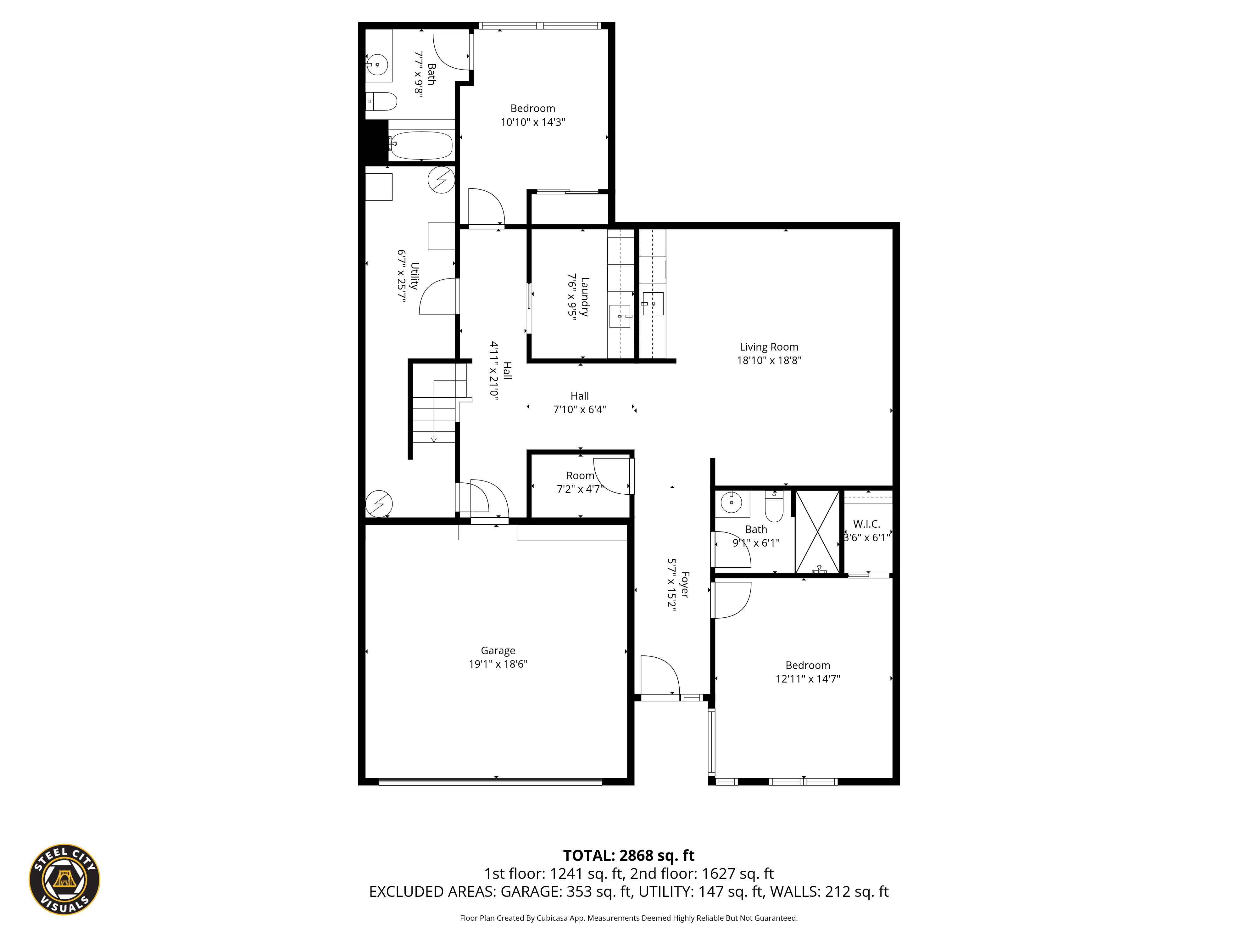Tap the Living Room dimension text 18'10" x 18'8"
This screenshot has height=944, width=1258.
click(x=769, y=360)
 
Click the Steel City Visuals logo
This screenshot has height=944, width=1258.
click(x=65, y=879)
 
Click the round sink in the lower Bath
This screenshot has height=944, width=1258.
click(x=731, y=503)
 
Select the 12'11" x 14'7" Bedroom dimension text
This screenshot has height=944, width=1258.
click(x=808, y=678)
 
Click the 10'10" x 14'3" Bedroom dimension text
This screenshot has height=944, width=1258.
click(x=532, y=122)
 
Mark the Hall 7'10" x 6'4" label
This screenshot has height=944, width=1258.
click(x=580, y=402)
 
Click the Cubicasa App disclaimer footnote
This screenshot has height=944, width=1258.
click(x=628, y=918)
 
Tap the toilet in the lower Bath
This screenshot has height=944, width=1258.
click(x=774, y=506)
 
